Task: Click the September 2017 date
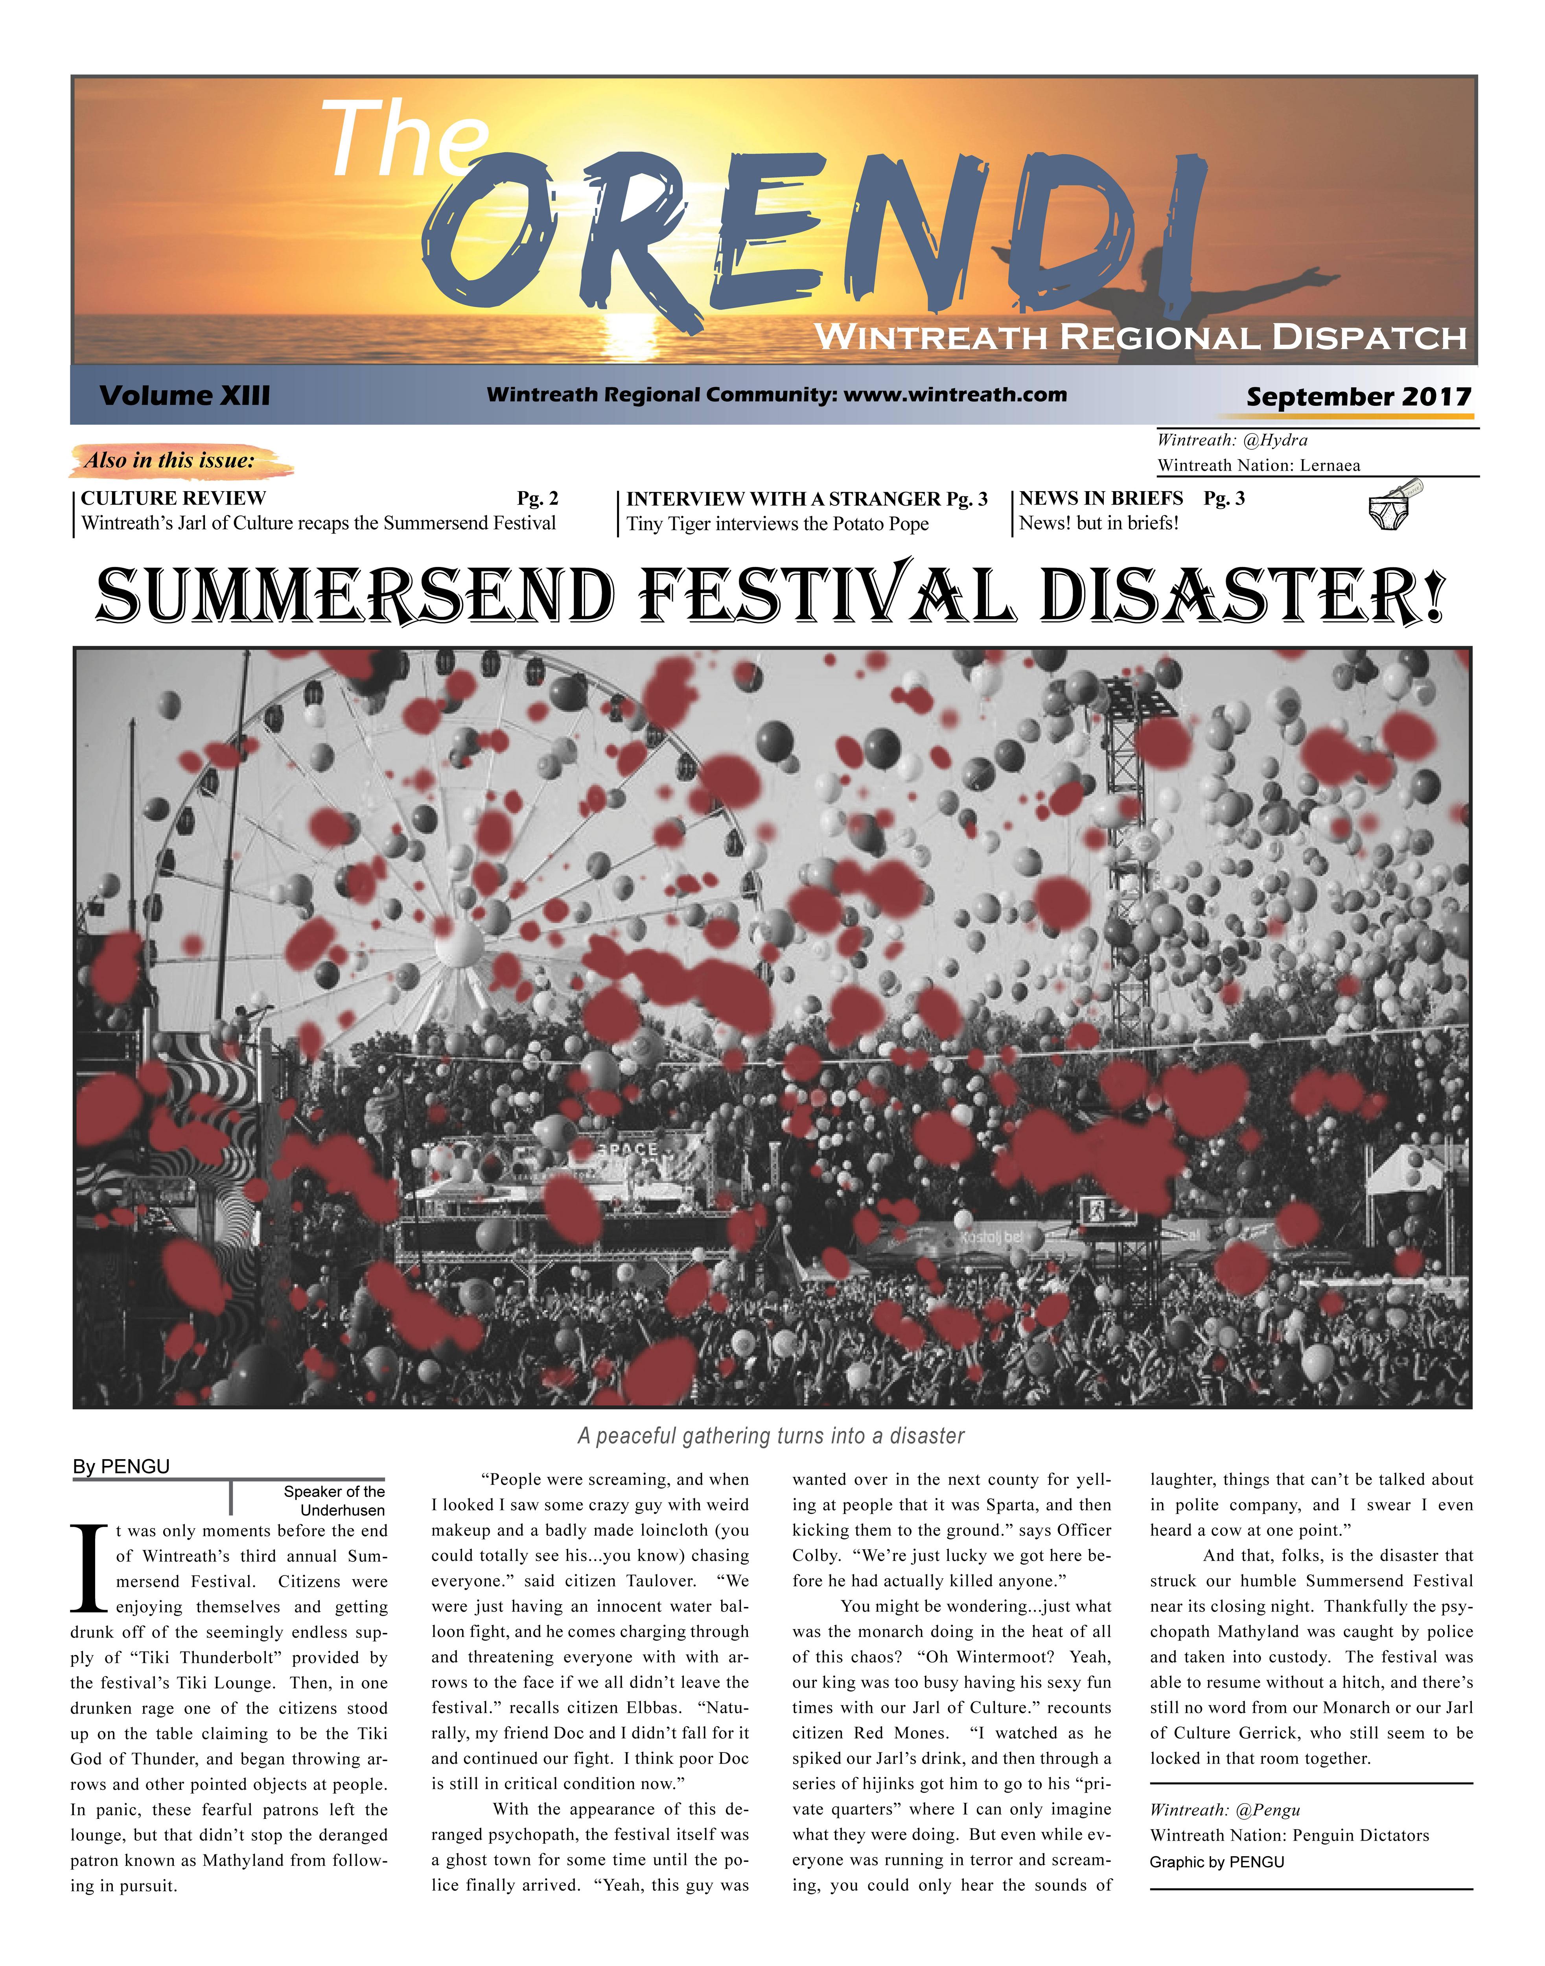1359,396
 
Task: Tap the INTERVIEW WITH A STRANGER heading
783,499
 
